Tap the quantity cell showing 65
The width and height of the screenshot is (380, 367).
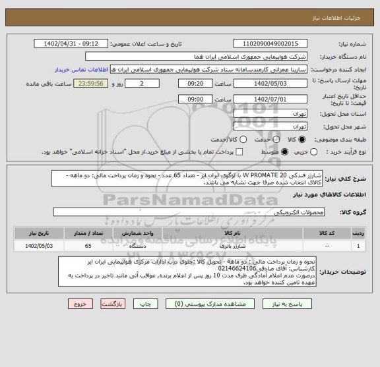coord(88,246)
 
